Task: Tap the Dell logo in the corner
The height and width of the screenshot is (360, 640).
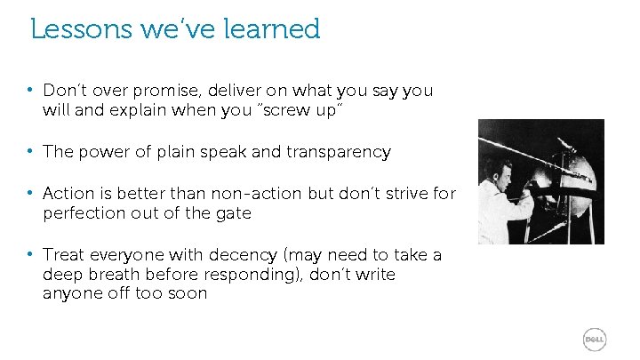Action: (595, 340)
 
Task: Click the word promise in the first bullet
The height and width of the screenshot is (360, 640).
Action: (160, 92)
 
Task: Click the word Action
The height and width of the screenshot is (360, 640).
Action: (68, 193)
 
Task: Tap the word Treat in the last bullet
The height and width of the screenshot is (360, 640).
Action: (63, 255)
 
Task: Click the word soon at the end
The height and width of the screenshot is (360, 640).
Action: (188, 294)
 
